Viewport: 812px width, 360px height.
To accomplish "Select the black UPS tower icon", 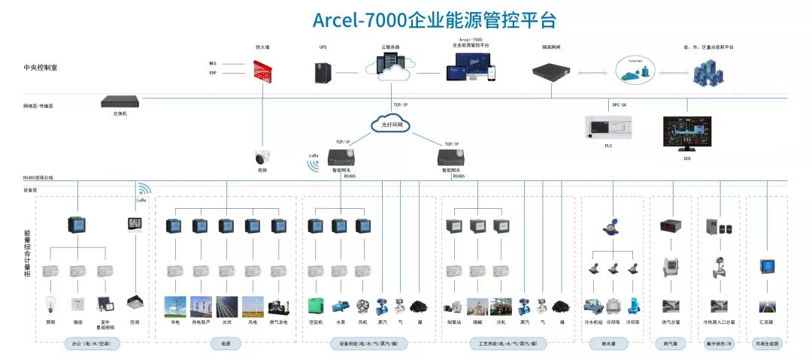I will [x=323, y=72].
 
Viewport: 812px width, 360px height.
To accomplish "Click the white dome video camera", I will [x=262, y=158].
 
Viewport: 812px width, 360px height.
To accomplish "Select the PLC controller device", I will [x=608, y=128].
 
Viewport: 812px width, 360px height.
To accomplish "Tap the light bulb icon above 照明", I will [x=50, y=305].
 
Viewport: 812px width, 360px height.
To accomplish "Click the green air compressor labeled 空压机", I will [x=316, y=306].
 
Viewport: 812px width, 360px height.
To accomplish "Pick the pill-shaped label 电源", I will [x=226, y=343].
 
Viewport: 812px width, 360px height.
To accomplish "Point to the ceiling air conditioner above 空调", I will [x=135, y=302].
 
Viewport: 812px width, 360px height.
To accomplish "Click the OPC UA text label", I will [x=619, y=104].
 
